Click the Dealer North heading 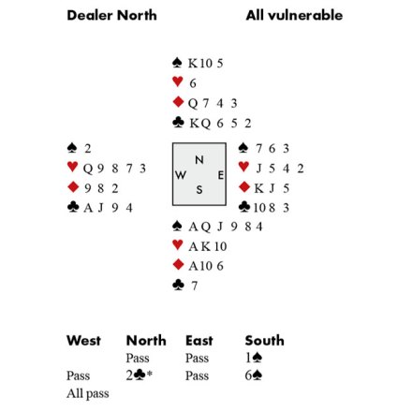[111, 15]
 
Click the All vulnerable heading [294, 15]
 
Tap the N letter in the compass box [199, 160]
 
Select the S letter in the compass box [199, 189]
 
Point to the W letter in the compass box [181, 175]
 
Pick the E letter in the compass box [220, 175]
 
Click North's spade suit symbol [177, 63]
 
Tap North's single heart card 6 [193, 83]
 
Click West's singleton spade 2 [88, 149]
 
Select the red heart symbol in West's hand [72, 167]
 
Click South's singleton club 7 [195, 286]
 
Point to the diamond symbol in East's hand [244, 187]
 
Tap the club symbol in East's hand [244, 207]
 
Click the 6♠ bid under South [254, 375]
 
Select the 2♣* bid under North [140, 375]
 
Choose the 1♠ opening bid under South [254, 358]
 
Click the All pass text [88, 393]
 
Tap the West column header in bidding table [83, 340]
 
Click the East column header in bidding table [199, 340]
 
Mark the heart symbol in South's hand [177, 244]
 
